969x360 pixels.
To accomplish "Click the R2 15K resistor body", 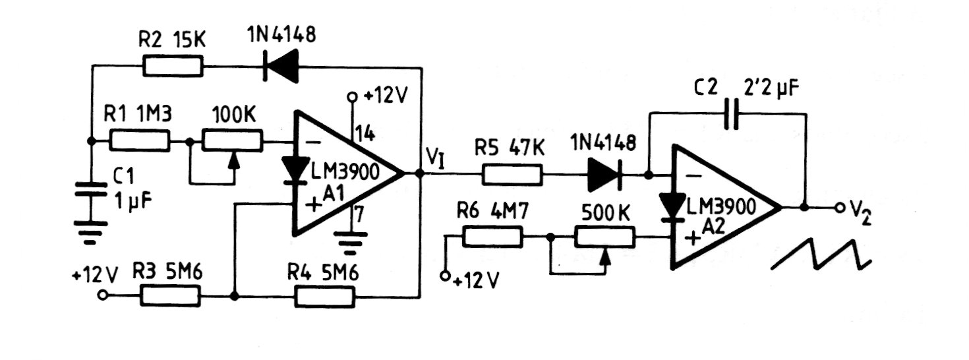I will tap(173, 66).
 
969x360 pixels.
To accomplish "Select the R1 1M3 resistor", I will tap(140, 140).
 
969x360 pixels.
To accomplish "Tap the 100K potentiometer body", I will tap(231, 140).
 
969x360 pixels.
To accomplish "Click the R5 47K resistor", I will tap(513, 175).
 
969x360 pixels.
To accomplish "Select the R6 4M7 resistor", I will tap(493, 236).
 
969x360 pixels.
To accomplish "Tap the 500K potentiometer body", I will tap(604, 236).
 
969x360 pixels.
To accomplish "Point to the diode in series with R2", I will tap(276, 66).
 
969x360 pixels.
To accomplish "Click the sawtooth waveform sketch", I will tap(821, 254).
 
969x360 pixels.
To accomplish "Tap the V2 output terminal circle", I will tap(840, 208).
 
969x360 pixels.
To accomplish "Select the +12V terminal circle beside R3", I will tap(102, 296).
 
